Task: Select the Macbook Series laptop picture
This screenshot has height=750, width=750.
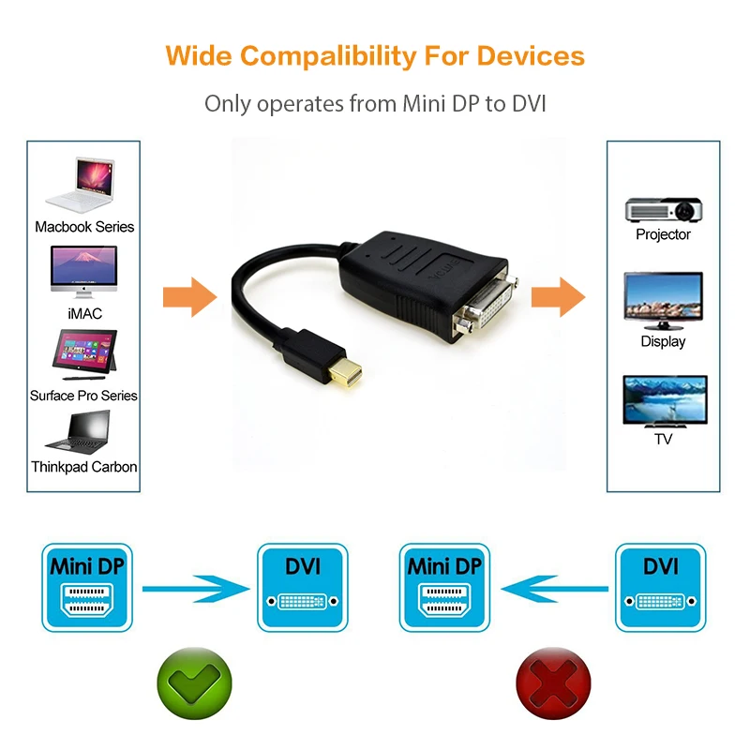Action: pos(83,185)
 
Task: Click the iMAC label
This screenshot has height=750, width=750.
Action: pos(84,313)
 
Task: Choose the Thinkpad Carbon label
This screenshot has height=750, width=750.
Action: pos(84,466)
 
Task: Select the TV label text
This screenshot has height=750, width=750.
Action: pos(663,438)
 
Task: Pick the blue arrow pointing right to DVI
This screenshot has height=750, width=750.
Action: pos(197,589)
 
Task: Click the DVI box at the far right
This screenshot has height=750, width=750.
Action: pos(660,587)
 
